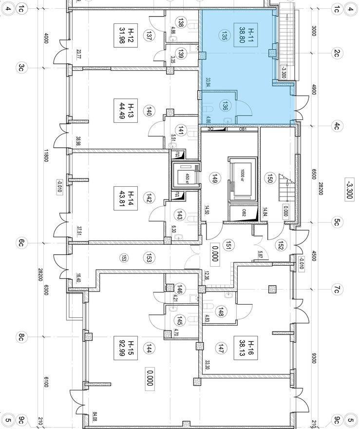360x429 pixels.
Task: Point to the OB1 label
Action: click(244, 129)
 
